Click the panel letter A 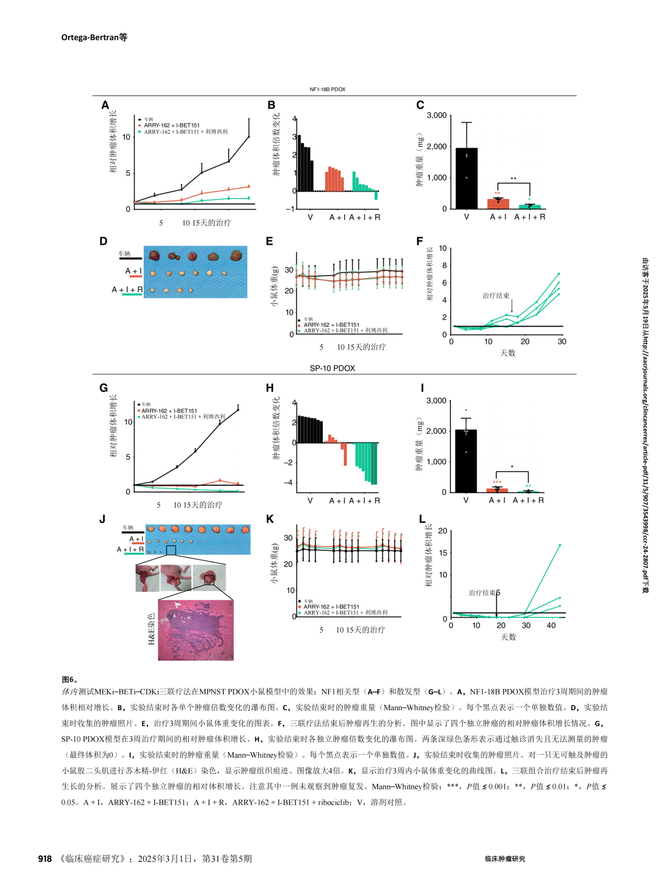coord(105,105)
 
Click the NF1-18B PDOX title coord(327,89)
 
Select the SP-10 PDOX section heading coord(332,368)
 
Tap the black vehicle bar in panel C coord(466,178)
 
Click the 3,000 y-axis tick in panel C coord(437,115)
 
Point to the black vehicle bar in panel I coord(466,461)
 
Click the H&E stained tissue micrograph coord(196,630)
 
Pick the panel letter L coord(422,519)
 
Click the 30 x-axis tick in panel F coord(562,341)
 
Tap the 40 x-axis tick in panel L coord(551,625)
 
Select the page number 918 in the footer coord(45,859)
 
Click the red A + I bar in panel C coord(498,203)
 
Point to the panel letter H coord(269,388)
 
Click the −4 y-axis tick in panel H coord(289,483)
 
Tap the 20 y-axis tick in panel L coord(442,531)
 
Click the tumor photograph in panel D coord(195,271)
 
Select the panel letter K coord(269,519)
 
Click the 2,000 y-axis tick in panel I coord(436,431)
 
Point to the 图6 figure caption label coord(69,680)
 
